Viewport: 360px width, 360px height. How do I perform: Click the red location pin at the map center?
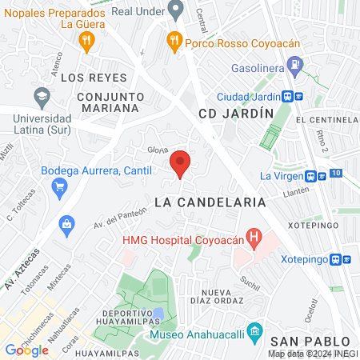[x=181, y=163]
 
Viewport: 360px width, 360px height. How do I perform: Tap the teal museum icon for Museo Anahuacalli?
[x=254, y=330]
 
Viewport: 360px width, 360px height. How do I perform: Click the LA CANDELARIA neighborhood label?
[x=210, y=202]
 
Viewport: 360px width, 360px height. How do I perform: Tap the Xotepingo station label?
[x=307, y=259]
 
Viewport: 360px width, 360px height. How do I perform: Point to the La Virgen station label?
[x=281, y=176]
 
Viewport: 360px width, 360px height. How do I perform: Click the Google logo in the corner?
[x=26, y=350]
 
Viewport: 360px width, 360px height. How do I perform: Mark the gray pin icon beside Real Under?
[x=178, y=10]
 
